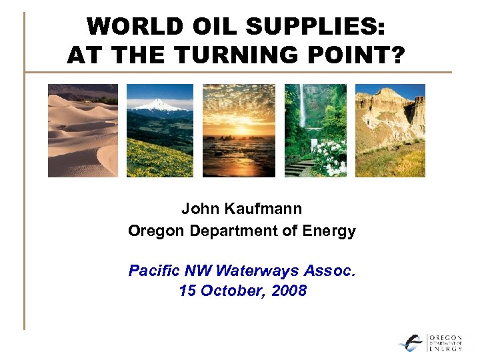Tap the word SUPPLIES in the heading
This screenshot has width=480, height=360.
tap(320, 28)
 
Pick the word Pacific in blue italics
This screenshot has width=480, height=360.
tap(153, 271)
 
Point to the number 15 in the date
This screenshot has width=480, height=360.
tap(187, 291)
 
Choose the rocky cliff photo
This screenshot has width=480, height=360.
tap(390, 131)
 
